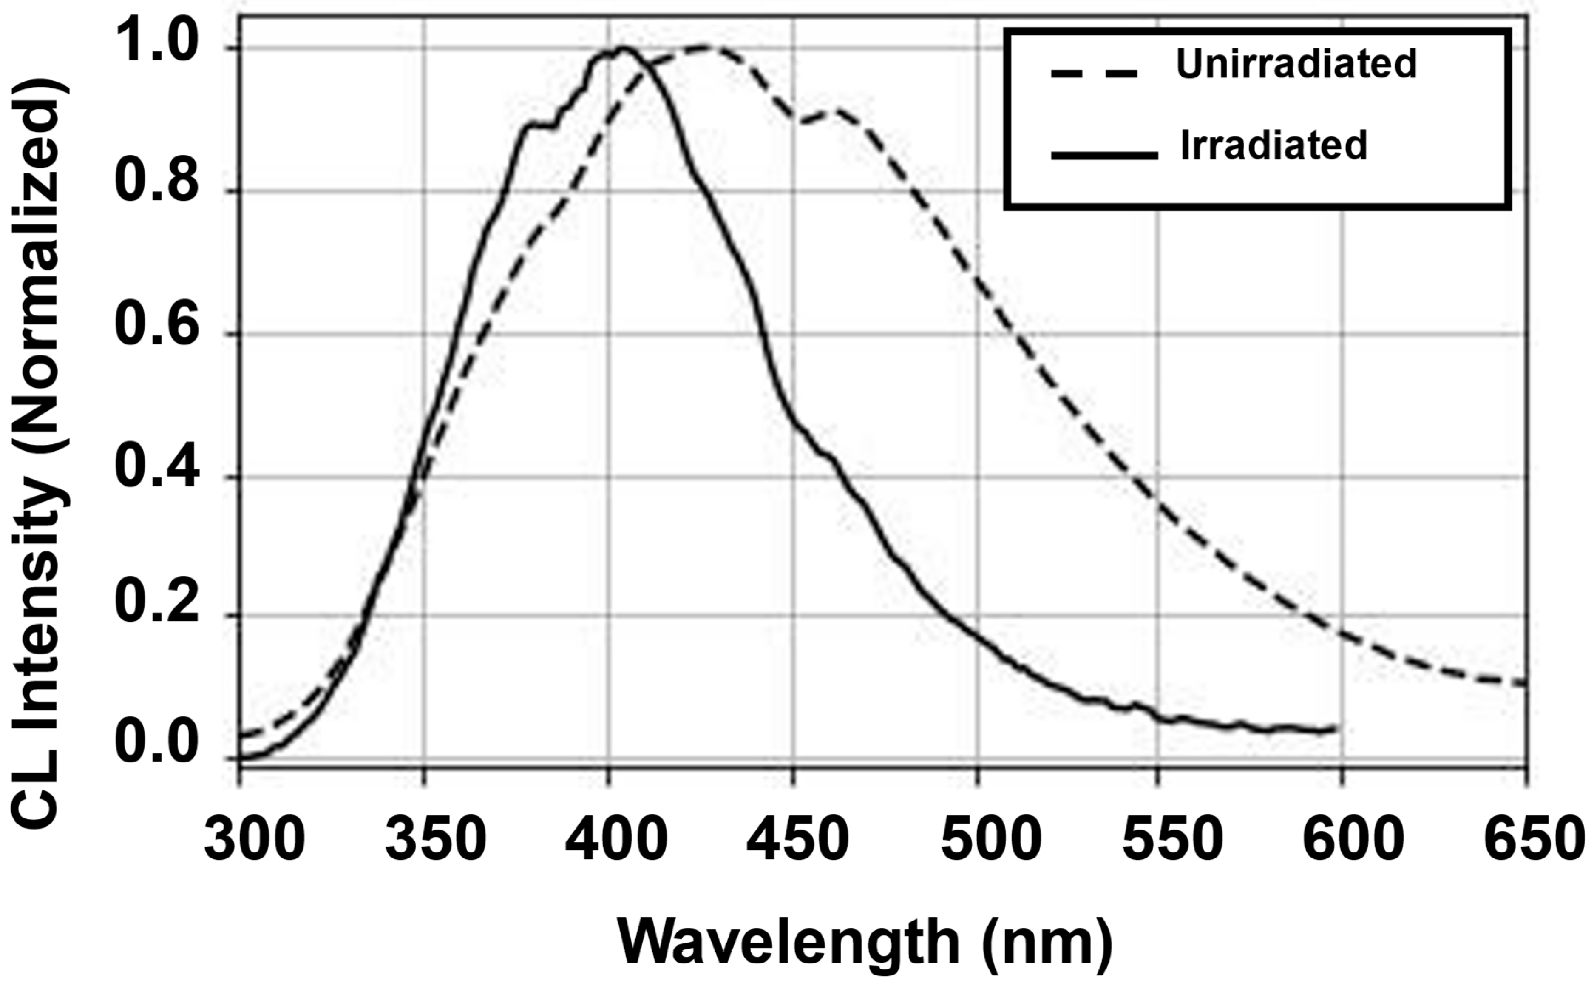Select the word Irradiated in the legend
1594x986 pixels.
[x=1273, y=145]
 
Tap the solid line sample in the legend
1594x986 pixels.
[x=1104, y=155]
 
